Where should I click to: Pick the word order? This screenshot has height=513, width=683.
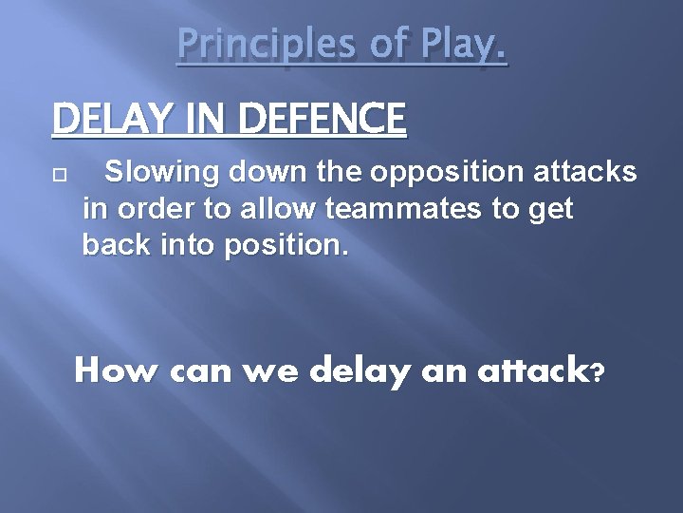point(146,209)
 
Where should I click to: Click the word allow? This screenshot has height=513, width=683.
point(254,209)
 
